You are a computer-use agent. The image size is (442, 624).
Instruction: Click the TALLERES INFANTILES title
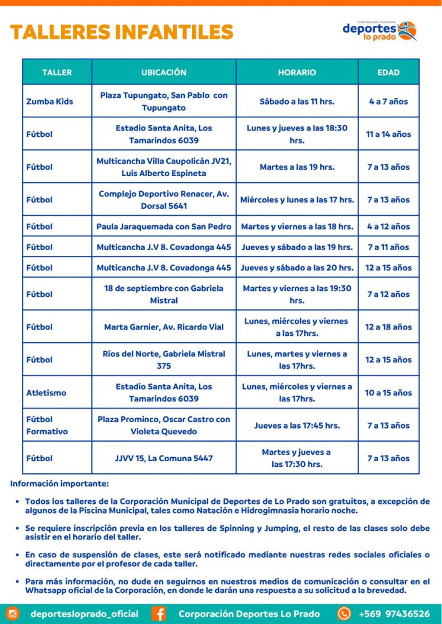click(x=121, y=32)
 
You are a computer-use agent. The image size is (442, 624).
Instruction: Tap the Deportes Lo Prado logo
click(x=379, y=30)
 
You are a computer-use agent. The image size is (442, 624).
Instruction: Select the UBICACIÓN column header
click(x=164, y=72)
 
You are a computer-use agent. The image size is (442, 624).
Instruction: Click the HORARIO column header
click(x=297, y=72)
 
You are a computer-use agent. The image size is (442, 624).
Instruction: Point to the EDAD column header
click(x=388, y=72)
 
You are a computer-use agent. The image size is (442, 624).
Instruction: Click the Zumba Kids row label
click(x=49, y=101)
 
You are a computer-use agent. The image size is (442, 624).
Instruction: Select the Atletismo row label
click(x=46, y=393)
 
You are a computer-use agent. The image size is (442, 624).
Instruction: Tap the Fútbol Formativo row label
click(x=47, y=426)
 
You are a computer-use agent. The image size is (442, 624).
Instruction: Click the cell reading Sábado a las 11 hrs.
click(x=297, y=101)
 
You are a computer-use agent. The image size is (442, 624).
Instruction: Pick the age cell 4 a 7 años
click(x=388, y=101)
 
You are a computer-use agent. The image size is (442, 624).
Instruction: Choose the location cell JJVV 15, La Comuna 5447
click(x=164, y=458)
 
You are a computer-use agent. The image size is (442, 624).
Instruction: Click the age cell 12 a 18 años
click(x=388, y=327)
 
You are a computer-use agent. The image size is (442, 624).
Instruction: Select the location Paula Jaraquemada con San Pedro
click(x=164, y=227)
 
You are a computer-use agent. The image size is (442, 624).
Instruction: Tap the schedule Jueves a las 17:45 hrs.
click(x=297, y=426)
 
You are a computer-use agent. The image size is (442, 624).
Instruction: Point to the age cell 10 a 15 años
click(x=388, y=393)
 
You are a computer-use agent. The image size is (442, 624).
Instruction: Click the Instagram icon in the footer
click(x=13, y=614)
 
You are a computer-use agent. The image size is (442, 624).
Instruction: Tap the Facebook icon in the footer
click(x=159, y=614)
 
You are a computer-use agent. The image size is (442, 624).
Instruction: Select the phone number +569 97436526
click(x=394, y=614)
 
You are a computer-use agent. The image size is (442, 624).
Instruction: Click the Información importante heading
click(x=59, y=484)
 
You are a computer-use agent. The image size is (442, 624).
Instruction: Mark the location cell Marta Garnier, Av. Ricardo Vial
click(x=164, y=327)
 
